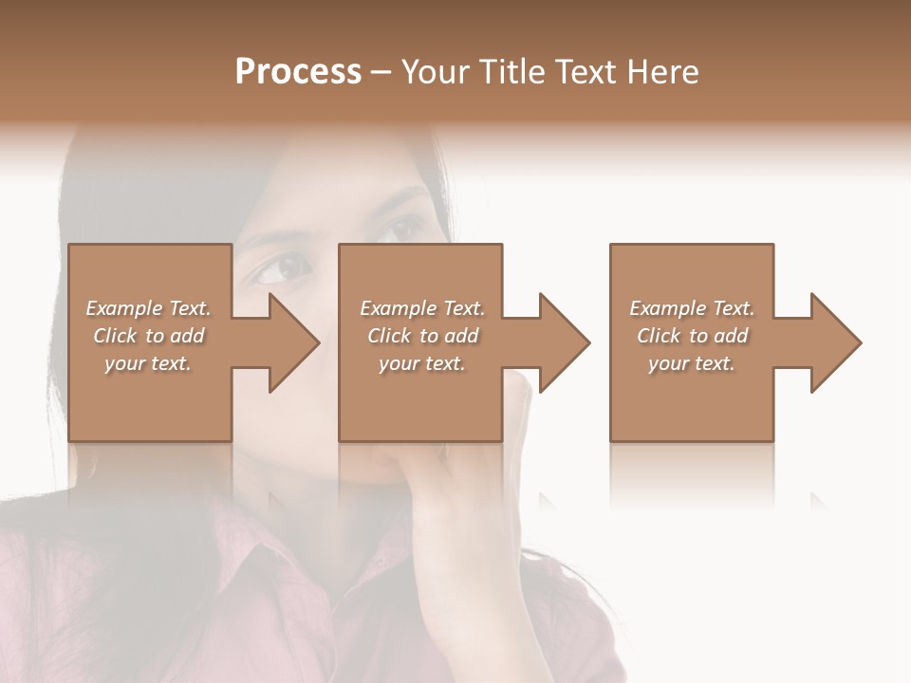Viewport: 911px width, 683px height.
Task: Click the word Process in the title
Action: (298, 72)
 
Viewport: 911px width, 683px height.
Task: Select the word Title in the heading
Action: (512, 72)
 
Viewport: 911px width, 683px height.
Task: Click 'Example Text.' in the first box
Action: (148, 308)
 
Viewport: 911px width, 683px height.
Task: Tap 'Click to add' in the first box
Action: (148, 336)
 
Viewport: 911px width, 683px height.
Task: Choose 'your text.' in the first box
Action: (148, 363)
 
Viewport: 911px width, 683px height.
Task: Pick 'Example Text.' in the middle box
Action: (421, 308)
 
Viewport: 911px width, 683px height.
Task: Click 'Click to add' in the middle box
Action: (421, 336)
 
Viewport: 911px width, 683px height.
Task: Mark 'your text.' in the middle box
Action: (421, 363)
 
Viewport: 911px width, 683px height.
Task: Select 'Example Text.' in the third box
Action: (692, 308)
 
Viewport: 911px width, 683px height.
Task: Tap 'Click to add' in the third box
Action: (692, 336)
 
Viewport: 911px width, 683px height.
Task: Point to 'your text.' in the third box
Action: (692, 363)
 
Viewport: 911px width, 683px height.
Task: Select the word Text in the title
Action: (586, 72)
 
